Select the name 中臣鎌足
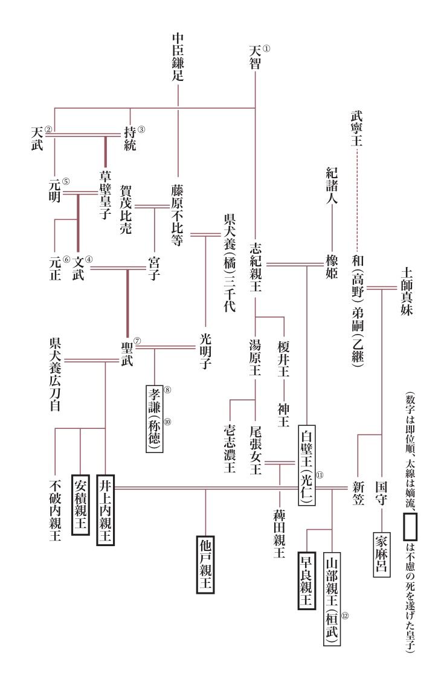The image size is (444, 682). [x=178, y=58]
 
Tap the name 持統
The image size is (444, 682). [x=130, y=138]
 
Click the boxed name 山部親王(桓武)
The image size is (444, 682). [x=332, y=598]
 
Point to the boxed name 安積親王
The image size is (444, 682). [x=80, y=505]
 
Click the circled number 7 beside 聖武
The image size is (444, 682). [x=137, y=340]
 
